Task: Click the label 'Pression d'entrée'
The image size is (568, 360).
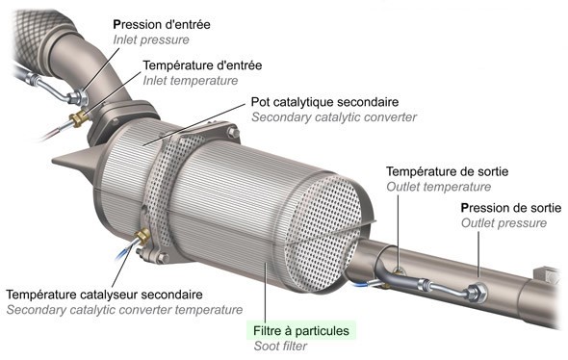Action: click(x=163, y=24)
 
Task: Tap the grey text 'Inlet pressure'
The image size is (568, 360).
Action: click(x=150, y=40)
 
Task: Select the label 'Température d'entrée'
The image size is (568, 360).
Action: click(x=202, y=65)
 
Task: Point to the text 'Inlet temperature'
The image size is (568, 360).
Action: click(x=190, y=82)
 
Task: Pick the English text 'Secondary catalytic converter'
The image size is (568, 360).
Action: click(x=332, y=117)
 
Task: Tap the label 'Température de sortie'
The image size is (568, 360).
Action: click(x=447, y=170)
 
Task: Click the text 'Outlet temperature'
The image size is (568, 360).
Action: click(x=438, y=187)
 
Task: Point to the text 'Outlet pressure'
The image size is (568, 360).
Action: click(x=503, y=223)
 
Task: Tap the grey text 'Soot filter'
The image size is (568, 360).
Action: click(x=280, y=347)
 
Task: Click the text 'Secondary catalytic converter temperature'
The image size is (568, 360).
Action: click(x=124, y=310)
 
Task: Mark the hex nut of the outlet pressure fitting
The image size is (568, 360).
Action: click(x=474, y=289)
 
